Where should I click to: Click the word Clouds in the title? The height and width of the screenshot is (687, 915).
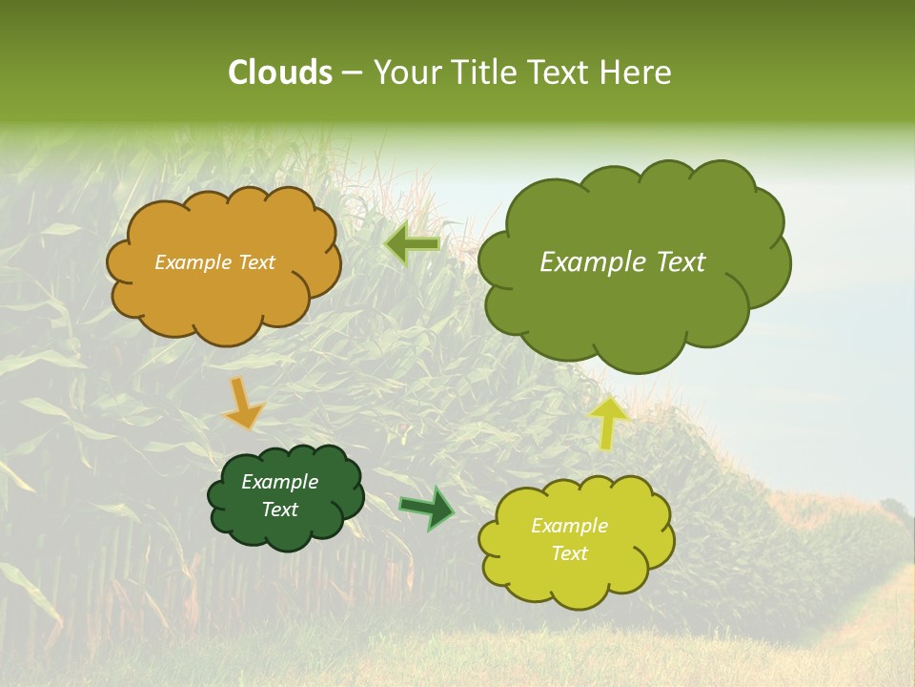[x=279, y=73]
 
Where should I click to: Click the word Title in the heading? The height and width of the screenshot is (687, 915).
[x=484, y=73]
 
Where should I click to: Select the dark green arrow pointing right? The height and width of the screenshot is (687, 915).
[x=426, y=508]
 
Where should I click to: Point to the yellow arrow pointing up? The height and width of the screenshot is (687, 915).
[x=609, y=422]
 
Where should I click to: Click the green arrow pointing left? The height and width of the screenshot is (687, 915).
[x=412, y=245]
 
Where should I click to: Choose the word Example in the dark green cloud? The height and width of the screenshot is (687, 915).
[x=279, y=482]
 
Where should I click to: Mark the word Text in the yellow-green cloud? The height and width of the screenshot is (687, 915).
[x=569, y=553]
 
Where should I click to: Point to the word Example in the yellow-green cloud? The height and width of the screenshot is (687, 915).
[x=569, y=526]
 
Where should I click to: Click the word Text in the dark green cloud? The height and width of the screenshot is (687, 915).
[x=279, y=510]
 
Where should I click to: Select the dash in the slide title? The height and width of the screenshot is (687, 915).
[x=351, y=73]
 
